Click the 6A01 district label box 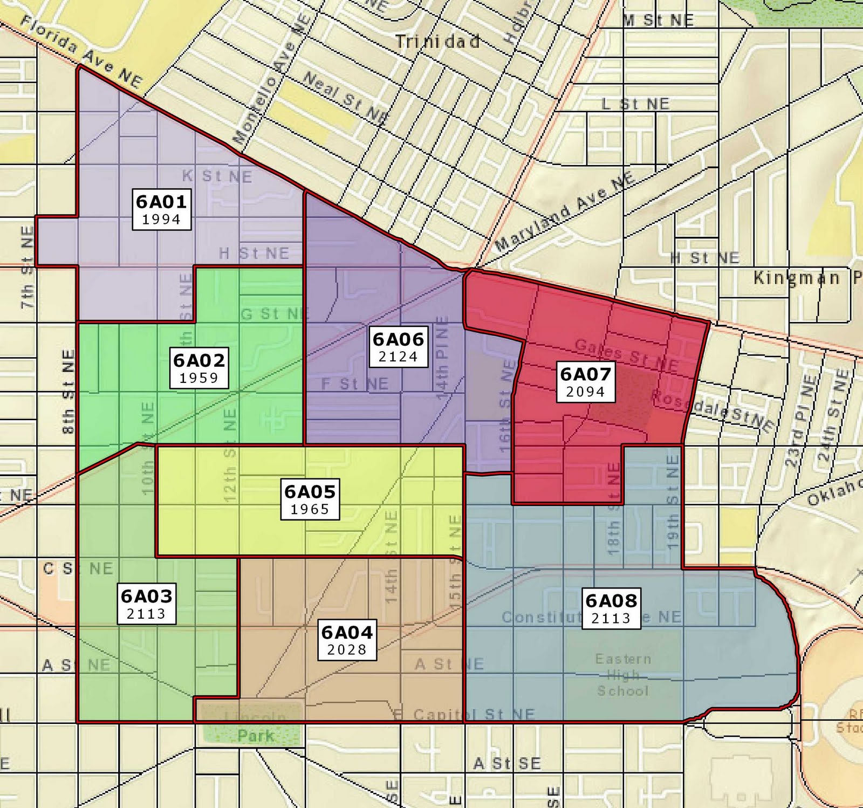pos(161,209)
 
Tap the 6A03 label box pos(147,604)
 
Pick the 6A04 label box pos(347,640)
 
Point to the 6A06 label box pos(398,347)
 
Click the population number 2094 pos(585,392)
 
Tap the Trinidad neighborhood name pos(437,42)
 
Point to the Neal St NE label pos(345,98)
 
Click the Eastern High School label pos(623,675)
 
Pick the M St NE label pos(659,20)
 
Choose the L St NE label pos(635,104)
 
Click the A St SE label pos(506,763)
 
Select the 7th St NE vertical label pos(28,267)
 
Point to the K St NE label pos(217,176)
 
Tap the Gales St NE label pos(626,354)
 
